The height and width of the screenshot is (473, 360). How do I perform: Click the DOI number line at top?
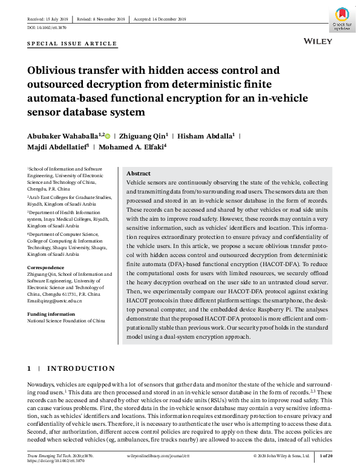47,28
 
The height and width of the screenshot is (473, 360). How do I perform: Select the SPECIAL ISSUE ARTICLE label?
72,44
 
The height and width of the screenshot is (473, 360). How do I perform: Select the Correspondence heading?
46,267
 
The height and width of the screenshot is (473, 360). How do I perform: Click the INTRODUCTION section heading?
80,368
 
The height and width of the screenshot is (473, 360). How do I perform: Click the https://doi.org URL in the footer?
54,461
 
